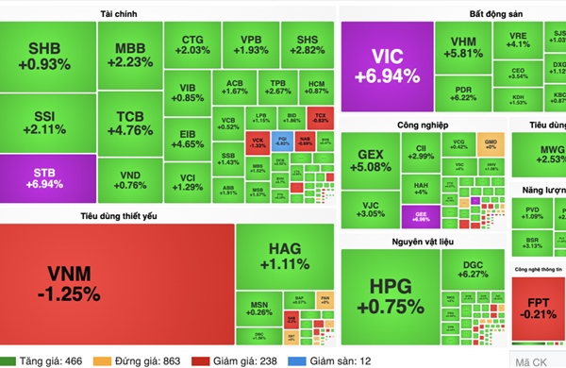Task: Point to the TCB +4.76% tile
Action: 129,124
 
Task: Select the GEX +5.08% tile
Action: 369,161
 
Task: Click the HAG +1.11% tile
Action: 283,255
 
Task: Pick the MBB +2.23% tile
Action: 129,55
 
